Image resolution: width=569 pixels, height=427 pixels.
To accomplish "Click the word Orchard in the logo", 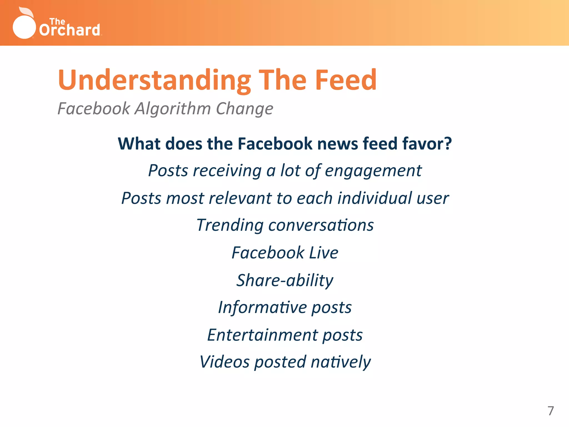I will [69, 30].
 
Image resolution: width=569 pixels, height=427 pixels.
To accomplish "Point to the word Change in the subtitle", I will [244, 108].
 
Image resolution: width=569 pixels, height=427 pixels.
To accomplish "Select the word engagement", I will [373, 170].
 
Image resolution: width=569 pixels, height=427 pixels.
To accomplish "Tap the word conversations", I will [321, 225].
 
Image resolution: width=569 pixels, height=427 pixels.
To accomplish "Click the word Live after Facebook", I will [324, 253].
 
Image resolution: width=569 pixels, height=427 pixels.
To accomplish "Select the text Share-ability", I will [285, 280].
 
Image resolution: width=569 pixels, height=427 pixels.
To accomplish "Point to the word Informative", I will [262, 307].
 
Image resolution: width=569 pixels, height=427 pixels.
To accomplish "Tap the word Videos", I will [224, 362].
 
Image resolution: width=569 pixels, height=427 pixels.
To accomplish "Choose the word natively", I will [341, 362].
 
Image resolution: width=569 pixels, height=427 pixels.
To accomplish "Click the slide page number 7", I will [550, 411].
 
